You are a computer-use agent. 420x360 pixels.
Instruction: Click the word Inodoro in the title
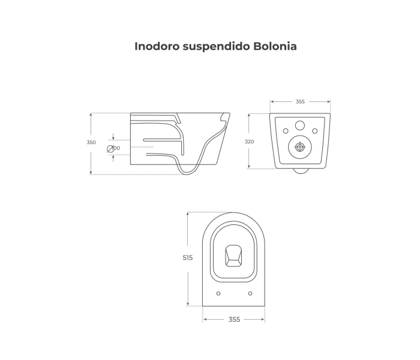tap(154, 46)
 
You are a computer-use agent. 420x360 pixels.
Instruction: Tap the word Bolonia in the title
tap(276, 46)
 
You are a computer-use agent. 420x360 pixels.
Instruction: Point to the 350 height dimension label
tap(91, 142)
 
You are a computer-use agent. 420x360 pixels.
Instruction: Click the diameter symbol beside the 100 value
tap(110, 148)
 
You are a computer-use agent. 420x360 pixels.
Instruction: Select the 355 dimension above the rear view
tap(300, 101)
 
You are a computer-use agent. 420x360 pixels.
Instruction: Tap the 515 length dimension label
tap(188, 257)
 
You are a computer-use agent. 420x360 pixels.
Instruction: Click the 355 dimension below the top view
tap(234, 319)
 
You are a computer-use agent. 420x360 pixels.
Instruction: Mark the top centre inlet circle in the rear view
tap(300, 125)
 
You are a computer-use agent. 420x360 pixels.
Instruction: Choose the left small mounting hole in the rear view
tap(286, 131)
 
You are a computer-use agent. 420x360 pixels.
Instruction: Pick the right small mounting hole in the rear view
tap(314, 131)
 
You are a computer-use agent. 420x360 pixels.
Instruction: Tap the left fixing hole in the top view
tap(218, 293)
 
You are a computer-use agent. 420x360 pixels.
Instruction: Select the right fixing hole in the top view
tap(250, 293)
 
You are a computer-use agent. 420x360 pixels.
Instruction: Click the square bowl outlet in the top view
tap(234, 256)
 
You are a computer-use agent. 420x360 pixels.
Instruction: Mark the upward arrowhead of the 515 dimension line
tap(188, 214)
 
